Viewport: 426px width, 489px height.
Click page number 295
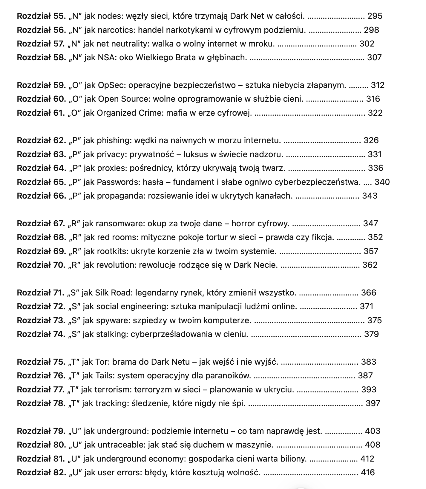pos(375,16)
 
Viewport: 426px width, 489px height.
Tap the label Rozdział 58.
pos(41,58)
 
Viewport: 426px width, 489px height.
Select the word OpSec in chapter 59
pos(109,85)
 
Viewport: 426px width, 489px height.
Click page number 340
pos(382,182)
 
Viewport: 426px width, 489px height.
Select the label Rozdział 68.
pos(41,237)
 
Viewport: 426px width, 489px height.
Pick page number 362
pos(370,265)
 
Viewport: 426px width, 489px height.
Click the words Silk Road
pos(114,293)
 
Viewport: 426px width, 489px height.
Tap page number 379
pos(371,334)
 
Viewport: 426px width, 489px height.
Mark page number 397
pos(373,403)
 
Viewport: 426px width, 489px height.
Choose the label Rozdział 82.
pos(41,473)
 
